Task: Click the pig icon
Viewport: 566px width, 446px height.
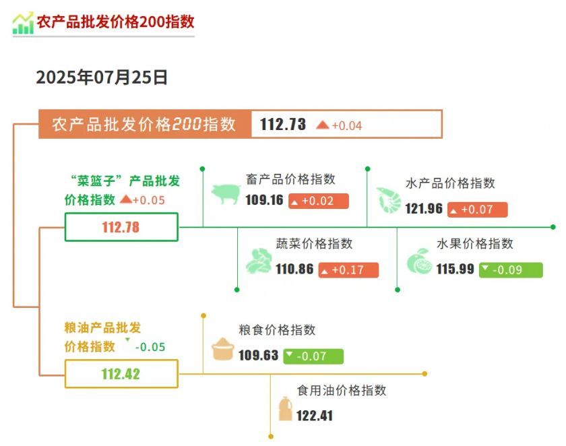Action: coord(226,194)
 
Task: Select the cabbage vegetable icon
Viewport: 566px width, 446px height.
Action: coord(259,261)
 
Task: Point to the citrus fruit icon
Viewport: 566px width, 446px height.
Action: coord(419,261)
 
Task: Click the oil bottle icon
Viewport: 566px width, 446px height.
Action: coord(285,409)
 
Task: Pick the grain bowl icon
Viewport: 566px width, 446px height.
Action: coord(223,349)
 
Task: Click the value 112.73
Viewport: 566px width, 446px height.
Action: coord(282,124)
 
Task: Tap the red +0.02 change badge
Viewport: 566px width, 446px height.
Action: coord(318,201)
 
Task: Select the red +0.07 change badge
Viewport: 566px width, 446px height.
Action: coord(477,210)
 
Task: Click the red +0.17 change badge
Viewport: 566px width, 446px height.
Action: coord(348,270)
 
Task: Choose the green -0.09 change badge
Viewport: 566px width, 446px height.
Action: coord(511,270)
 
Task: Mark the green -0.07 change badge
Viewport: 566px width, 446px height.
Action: coord(313,356)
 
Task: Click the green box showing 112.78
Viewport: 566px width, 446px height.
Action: coord(121,227)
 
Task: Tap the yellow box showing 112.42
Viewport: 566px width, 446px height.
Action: coord(121,374)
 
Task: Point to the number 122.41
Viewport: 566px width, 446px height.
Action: coord(315,416)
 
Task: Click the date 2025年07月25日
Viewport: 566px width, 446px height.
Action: coord(102,77)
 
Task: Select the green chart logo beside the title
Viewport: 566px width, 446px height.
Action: coord(23,24)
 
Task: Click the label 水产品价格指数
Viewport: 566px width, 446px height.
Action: coord(450,183)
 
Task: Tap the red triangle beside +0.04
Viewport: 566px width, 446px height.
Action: coord(322,125)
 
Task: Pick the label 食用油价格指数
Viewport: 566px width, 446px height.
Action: coord(342,390)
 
